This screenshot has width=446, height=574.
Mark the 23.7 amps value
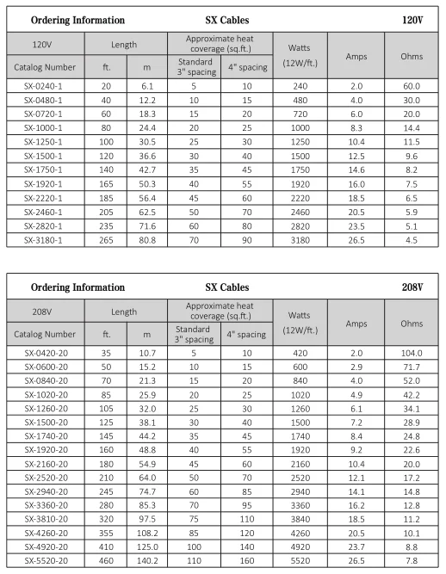(356, 546)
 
